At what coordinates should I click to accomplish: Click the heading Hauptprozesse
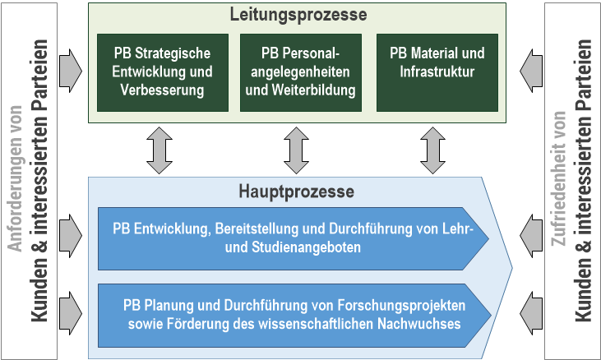(x=297, y=192)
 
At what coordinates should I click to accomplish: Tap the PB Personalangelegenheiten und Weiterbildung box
(x=300, y=72)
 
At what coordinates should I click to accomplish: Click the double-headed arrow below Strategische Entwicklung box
(x=159, y=150)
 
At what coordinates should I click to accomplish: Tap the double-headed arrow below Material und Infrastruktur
(x=433, y=150)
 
